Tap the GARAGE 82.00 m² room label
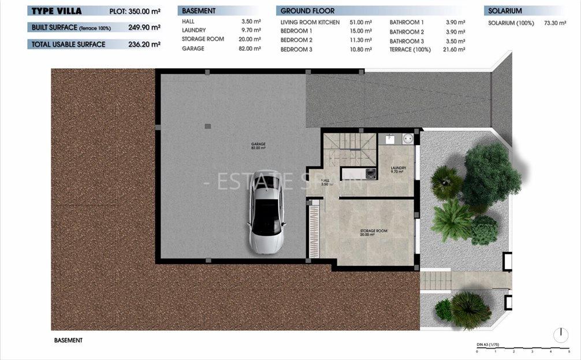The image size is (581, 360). tap(258, 146)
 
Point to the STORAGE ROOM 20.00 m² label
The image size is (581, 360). tap(374, 232)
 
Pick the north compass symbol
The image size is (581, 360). tap(560, 335)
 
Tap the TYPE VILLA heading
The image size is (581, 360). tap(57, 11)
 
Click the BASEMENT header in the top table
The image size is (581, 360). tap(199, 11)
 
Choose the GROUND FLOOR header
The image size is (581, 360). tap(307, 11)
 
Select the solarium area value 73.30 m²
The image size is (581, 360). tap(556, 23)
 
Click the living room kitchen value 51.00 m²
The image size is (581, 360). tap(360, 22)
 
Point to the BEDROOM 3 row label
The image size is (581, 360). tap(296, 50)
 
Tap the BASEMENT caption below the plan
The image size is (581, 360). tap(68, 340)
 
